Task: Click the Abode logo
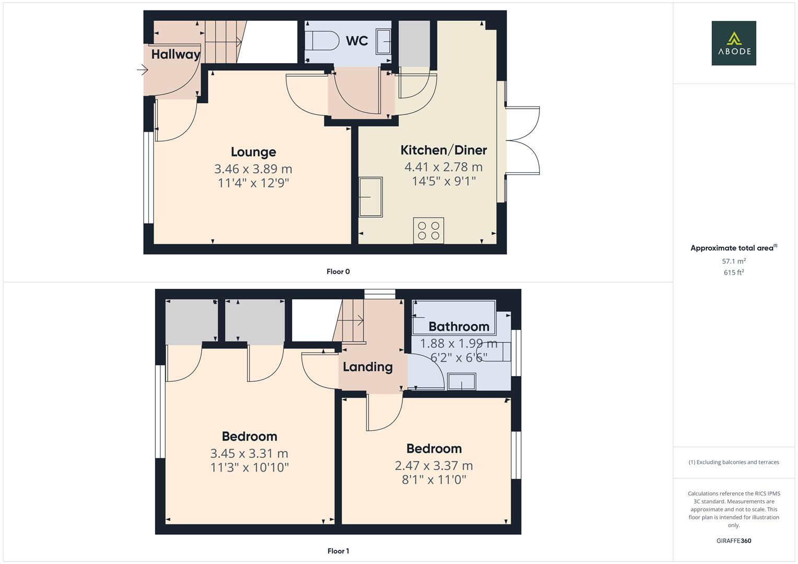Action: point(733,43)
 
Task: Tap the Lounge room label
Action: point(253,152)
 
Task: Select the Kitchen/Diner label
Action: point(443,150)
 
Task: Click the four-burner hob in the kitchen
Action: point(429,230)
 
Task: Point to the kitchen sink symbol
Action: point(371,197)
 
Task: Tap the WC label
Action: point(357,41)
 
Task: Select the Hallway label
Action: point(176,54)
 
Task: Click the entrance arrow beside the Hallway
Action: point(142,69)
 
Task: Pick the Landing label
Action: point(367,367)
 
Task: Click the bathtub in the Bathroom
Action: point(454,316)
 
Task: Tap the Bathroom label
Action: point(459,326)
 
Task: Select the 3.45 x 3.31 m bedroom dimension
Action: point(249,453)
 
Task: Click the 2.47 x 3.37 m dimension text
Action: point(434,465)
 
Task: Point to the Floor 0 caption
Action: point(338,272)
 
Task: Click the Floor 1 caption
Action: point(338,551)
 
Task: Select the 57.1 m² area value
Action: point(733,261)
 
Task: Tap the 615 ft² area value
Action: point(733,273)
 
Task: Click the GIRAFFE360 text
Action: point(733,540)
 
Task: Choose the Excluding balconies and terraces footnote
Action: point(733,462)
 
